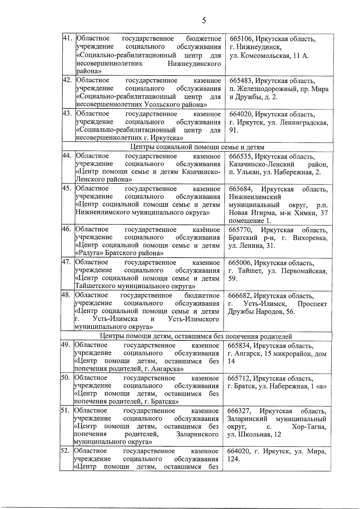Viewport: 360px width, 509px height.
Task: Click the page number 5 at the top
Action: pyautogui.click(x=204, y=20)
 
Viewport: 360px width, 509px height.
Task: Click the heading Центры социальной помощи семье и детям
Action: pyautogui.click(x=198, y=147)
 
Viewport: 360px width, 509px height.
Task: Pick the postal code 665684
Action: pyautogui.click(x=240, y=190)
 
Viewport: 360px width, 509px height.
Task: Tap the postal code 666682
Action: pyautogui.click(x=240, y=296)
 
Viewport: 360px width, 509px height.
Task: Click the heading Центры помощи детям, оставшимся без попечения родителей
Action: pyautogui.click(x=196, y=337)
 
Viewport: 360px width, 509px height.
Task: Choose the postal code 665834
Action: pyautogui.click(x=239, y=346)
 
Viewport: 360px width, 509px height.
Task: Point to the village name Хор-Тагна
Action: pyautogui.click(x=308, y=427)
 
